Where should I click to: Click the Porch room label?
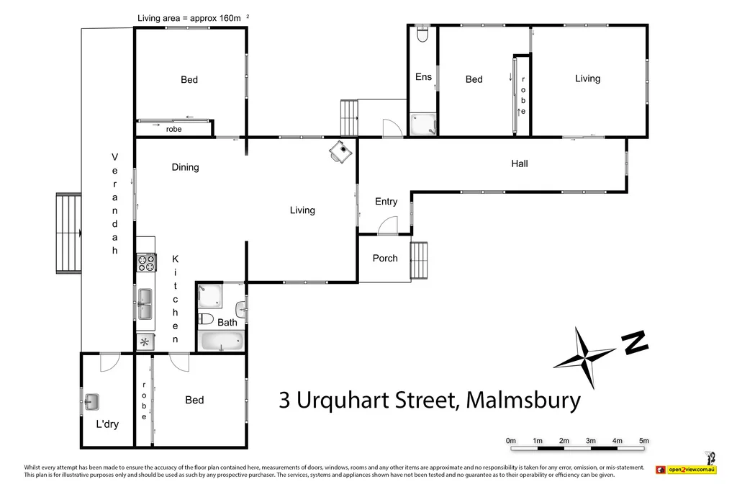pos(385,258)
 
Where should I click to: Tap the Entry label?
pos(386,202)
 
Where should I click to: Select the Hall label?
pos(519,164)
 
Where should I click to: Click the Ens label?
pos(423,76)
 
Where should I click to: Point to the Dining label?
pos(185,167)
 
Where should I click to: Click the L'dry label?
pos(107,424)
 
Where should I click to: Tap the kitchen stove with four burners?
pos(146,263)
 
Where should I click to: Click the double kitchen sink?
pos(145,303)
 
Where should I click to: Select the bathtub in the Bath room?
pos(220,341)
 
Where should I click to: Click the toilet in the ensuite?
pos(422,34)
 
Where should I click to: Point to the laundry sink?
pos(92,401)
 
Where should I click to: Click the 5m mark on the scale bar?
pos(644,440)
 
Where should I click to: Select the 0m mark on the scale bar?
pos(511,440)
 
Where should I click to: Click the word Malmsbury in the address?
pos(523,400)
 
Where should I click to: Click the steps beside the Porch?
pos(420,259)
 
